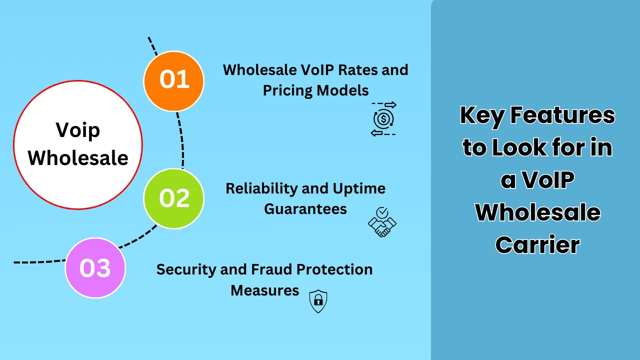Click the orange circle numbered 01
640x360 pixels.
(x=174, y=81)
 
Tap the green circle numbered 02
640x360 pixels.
(x=174, y=198)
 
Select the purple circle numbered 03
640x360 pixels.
(x=95, y=268)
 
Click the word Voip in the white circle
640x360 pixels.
(x=77, y=131)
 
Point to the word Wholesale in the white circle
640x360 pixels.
(x=77, y=158)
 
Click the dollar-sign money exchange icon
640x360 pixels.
(x=383, y=119)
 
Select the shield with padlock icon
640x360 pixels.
(x=318, y=301)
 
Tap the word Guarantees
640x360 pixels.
(x=305, y=208)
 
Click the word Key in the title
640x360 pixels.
(x=481, y=115)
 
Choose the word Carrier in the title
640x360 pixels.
(x=537, y=245)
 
